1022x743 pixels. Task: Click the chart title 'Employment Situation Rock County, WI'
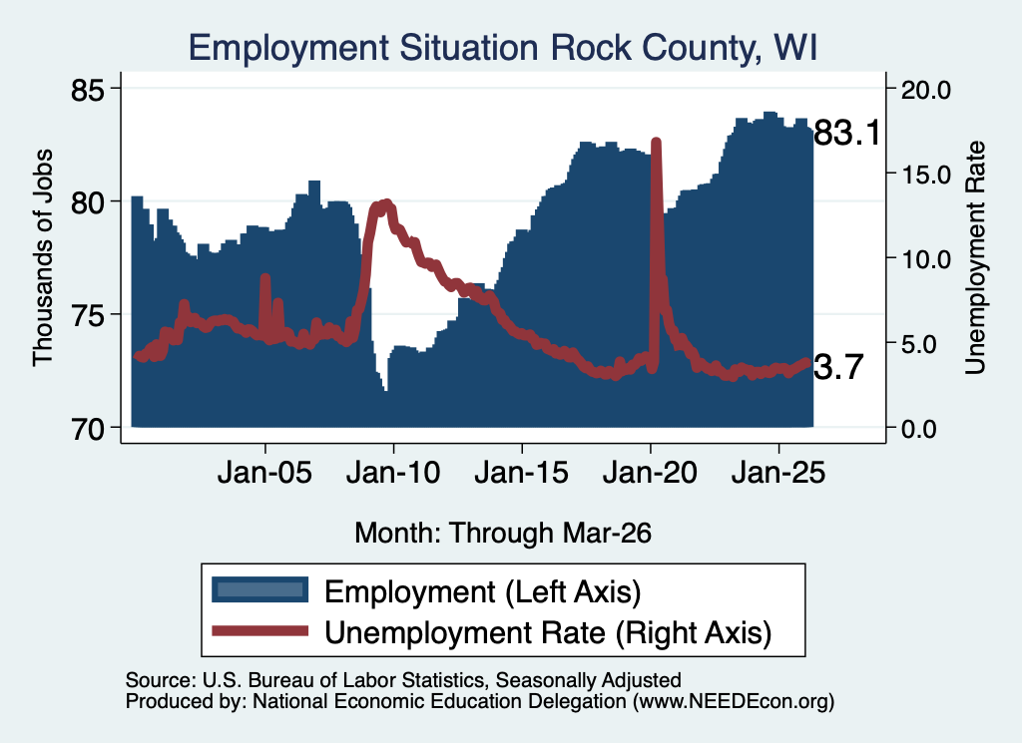[x=503, y=48]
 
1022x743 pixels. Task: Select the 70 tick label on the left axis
[x=88, y=429]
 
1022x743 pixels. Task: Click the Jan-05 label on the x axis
[x=264, y=472]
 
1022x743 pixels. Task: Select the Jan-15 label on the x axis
[x=521, y=472]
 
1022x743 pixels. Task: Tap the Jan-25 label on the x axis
[x=778, y=472]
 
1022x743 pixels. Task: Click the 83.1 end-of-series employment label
[x=846, y=133]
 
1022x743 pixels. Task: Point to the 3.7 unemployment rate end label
[x=838, y=367]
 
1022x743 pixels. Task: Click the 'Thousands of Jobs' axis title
[x=42, y=258]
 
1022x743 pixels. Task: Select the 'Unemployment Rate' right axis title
[x=975, y=258]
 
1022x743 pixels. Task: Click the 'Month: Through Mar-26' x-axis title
[x=503, y=533]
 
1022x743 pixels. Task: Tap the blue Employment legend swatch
[x=260, y=590]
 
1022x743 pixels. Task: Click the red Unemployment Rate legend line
[x=260, y=630]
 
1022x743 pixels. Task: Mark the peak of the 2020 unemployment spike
[x=657, y=142]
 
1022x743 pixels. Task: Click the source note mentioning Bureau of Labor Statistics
[x=403, y=680]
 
